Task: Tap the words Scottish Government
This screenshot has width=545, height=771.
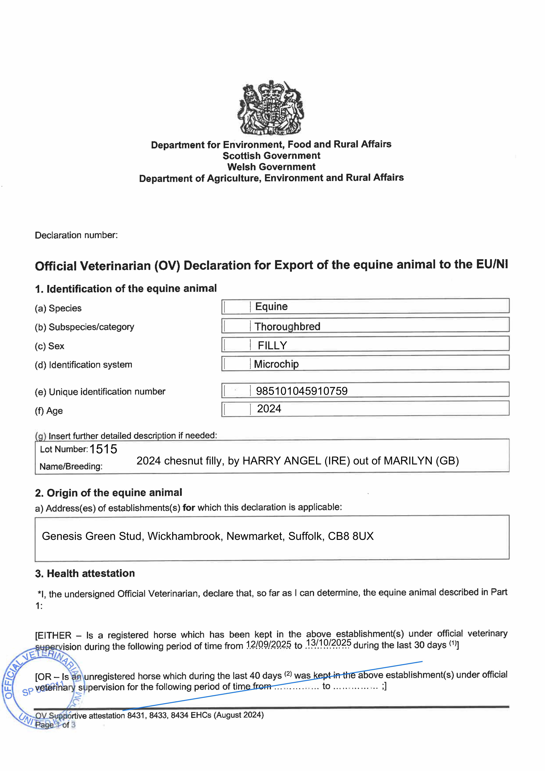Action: [x=271, y=156]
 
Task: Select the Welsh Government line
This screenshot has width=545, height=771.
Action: [x=271, y=167]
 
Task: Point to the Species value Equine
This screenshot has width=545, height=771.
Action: [x=271, y=307]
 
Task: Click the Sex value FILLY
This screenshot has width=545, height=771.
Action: [x=272, y=346]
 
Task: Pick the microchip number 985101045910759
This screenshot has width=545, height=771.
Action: [x=302, y=391]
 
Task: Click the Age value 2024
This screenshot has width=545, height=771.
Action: [x=269, y=409]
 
